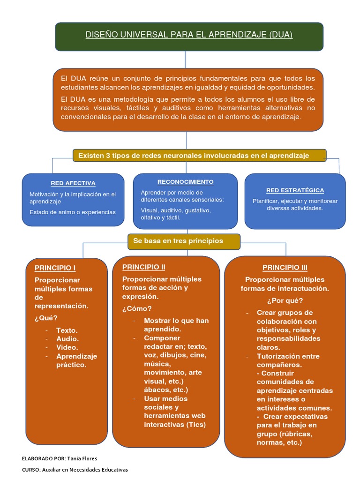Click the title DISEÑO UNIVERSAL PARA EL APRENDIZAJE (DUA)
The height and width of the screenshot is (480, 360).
tap(188, 35)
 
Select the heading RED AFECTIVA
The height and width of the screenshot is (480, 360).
tap(73, 183)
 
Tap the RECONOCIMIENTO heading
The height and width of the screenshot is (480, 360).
tap(185, 181)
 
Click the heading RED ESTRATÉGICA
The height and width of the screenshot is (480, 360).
tap(295, 190)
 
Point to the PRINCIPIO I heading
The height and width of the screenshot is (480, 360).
tap(55, 268)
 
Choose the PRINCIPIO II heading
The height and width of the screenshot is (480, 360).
tap(143, 267)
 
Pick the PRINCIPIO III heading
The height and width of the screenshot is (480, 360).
tap(285, 268)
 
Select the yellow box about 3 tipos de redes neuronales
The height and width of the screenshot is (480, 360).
tap(199, 156)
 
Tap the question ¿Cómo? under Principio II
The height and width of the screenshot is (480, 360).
tap(136, 308)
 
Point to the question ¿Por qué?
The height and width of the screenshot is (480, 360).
tap(285, 300)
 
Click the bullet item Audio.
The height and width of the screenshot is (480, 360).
tap(67, 339)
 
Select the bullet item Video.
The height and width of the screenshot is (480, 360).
tap(67, 347)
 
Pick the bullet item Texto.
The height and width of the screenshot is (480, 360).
tap(67, 330)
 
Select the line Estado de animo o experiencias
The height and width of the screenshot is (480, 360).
tap(72, 212)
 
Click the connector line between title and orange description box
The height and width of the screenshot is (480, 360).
tap(186, 60)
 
